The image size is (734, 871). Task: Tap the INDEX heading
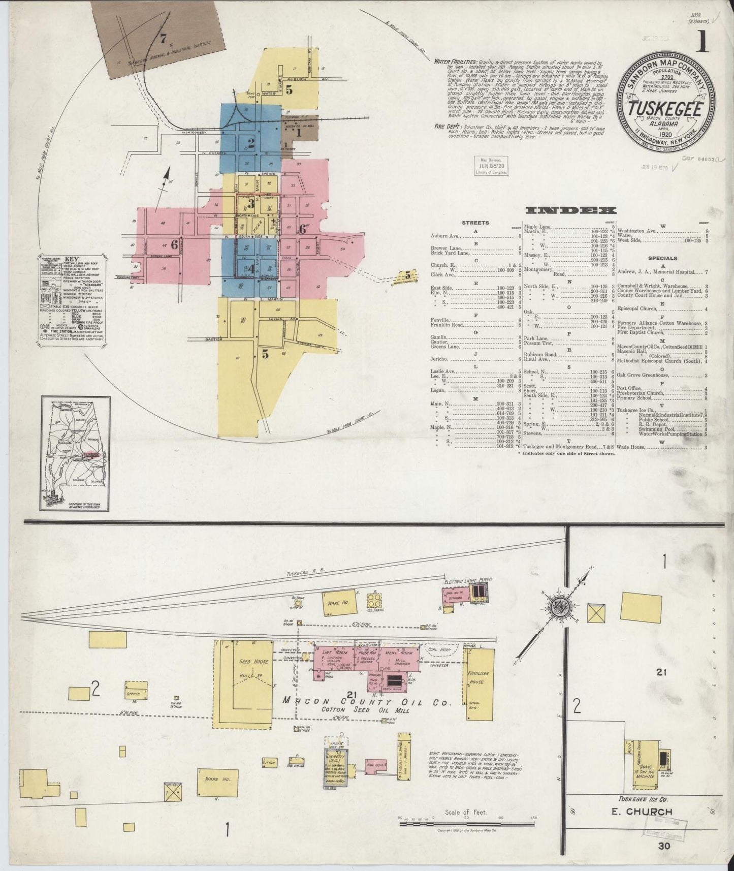[x=571, y=210]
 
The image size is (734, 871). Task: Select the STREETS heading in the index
[x=475, y=223]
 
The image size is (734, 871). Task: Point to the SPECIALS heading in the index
[x=662, y=258]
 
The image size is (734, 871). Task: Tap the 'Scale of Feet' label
[x=465, y=813]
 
